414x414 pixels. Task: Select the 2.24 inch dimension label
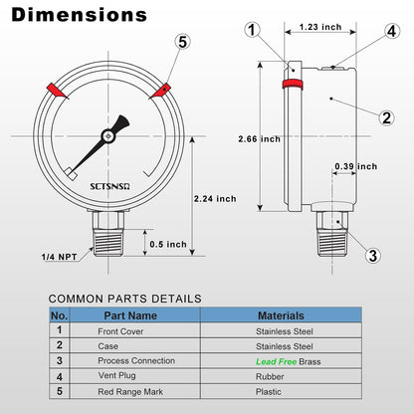point(214,198)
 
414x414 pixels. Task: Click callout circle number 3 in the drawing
point(372,255)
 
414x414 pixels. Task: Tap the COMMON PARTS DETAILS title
point(125,298)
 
